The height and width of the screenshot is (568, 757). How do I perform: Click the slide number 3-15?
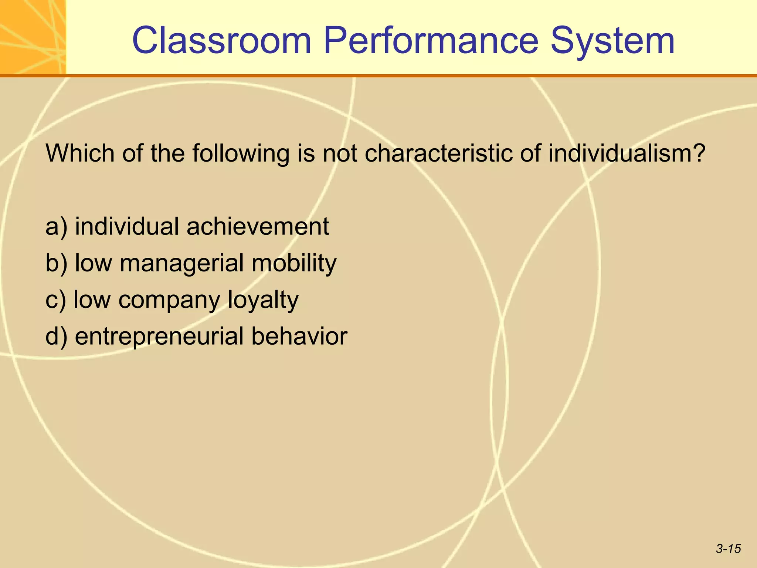pos(728,549)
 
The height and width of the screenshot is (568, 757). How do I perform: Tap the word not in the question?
pos(340,153)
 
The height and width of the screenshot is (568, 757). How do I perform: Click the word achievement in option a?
pos(258,227)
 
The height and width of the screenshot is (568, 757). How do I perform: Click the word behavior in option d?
pos(299,337)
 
